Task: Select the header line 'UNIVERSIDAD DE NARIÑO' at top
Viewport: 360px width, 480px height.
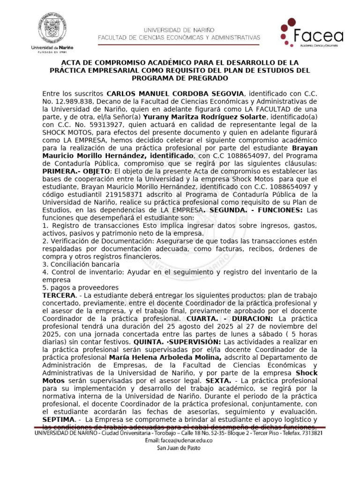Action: coord(180,29)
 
